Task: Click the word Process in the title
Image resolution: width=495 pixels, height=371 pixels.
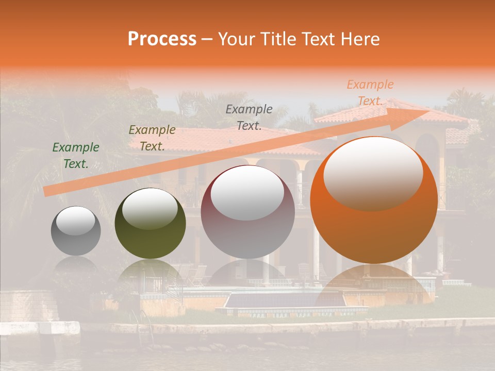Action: (x=162, y=39)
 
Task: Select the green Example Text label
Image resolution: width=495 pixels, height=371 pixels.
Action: (x=76, y=156)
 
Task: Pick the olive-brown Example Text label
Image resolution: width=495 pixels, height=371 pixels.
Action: (x=152, y=138)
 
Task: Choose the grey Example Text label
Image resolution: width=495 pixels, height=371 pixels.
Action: (x=249, y=117)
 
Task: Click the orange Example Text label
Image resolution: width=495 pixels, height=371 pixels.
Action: (x=370, y=93)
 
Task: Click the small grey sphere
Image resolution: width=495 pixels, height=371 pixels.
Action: (x=76, y=231)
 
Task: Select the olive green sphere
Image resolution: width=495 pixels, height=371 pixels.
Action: (x=150, y=224)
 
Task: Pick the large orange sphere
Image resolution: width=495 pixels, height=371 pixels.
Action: (x=374, y=201)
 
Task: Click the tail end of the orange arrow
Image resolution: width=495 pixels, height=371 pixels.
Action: (x=47, y=191)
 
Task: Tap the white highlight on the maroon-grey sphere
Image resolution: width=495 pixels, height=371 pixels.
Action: (x=247, y=193)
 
